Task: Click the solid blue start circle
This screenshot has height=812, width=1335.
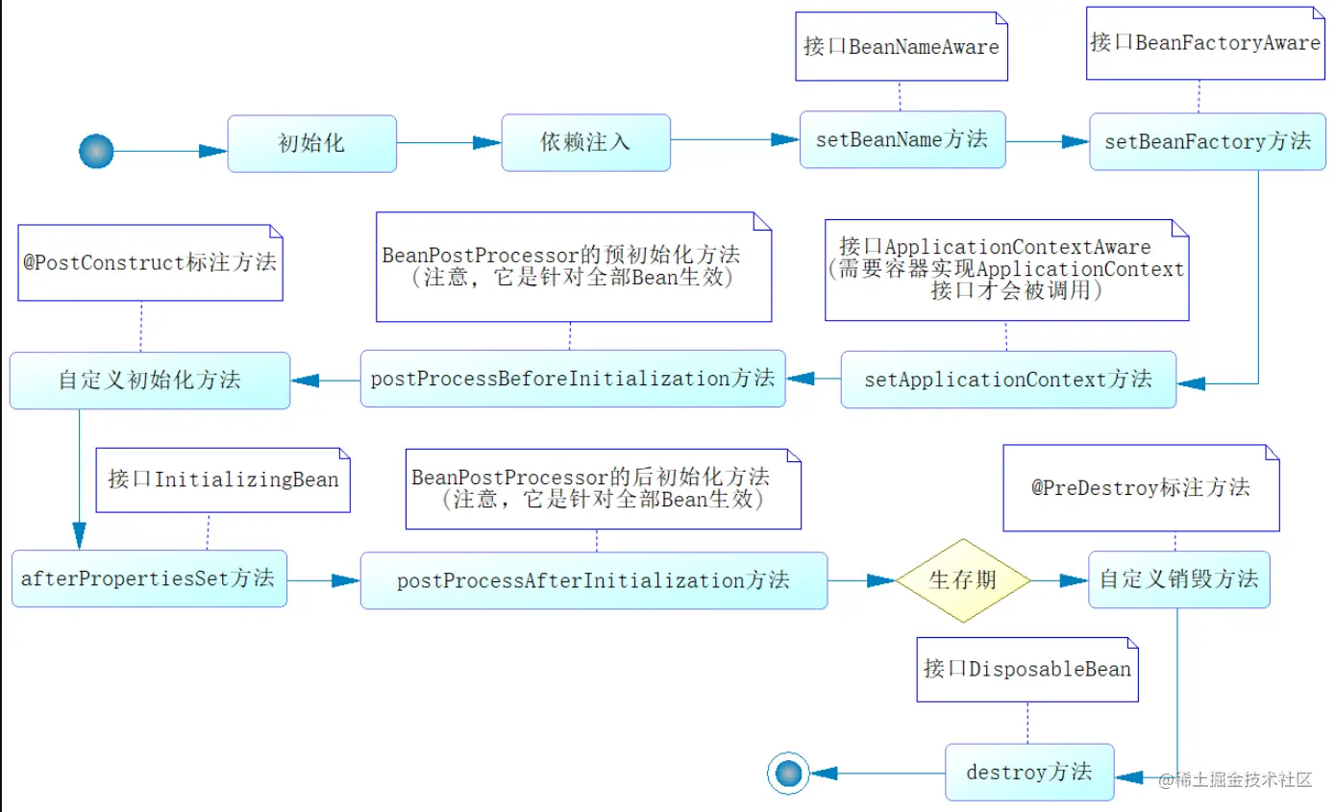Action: (96, 151)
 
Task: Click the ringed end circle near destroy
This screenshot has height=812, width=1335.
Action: (788, 774)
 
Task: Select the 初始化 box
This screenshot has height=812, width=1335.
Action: (311, 143)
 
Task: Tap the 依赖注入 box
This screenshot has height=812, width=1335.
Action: (586, 142)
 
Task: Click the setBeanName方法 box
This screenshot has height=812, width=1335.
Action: (902, 139)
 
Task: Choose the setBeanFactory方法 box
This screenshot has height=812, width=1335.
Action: (1207, 142)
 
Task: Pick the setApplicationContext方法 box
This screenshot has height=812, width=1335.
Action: (1008, 380)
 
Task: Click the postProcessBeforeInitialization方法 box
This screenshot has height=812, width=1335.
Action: (573, 379)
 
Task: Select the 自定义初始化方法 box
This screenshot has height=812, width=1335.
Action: (150, 381)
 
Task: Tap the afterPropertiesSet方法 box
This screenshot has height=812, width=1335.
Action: (149, 578)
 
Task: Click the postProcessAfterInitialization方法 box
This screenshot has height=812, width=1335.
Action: (594, 580)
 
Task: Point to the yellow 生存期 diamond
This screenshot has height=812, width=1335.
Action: (963, 580)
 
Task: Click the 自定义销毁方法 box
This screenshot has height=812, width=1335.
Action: (1179, 579)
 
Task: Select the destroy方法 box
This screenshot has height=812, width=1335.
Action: (1029, 772)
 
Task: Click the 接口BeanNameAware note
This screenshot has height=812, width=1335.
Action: (902, 46)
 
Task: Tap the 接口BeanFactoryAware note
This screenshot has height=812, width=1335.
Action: (1205, 43)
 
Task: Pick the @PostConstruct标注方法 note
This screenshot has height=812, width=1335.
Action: (150, 262)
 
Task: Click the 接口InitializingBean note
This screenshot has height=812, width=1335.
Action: (223, 480)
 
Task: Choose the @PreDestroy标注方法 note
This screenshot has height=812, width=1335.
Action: (1141, 488)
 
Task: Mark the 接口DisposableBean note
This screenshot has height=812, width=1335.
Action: (1027, 670)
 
